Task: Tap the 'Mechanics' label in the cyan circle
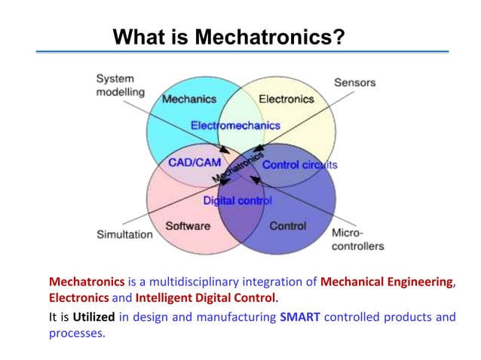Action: [x=189, y=99]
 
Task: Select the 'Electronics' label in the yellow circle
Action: [x=286, y=99]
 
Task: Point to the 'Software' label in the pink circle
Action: [x=188, y=225]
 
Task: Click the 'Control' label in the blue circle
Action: [x=287, y=225]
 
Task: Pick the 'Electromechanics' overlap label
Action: [x=235, y=125]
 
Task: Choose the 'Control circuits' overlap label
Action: [x=299, y=164]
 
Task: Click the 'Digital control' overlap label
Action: [x=237, y=201]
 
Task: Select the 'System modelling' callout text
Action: [x=115, y=85]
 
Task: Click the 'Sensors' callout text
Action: [x=354, y=81]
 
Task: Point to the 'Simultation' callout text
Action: [x=124, y=234]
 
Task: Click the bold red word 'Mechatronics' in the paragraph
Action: [x=87, y=282]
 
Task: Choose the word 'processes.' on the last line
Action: [x=77, y=332]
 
